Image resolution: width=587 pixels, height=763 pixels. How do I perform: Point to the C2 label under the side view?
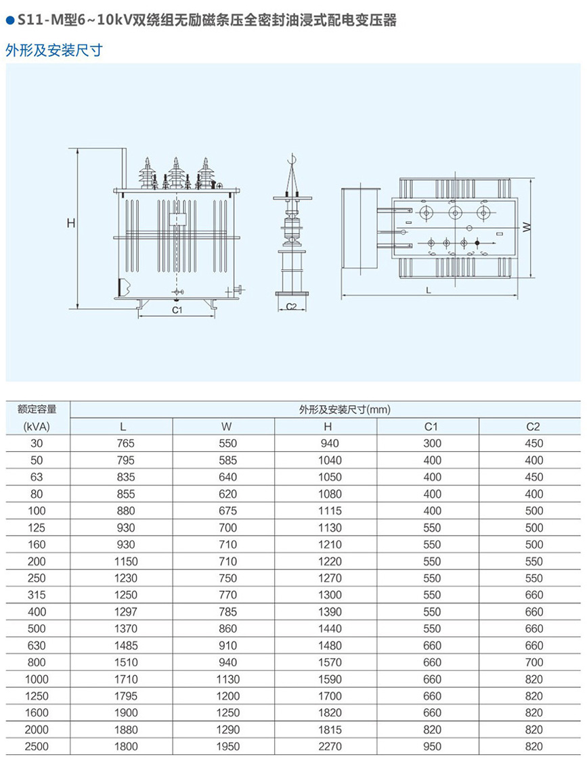coord(292,306)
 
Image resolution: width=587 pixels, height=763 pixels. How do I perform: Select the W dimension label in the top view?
coord(526,228)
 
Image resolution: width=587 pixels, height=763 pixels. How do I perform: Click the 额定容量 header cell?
coord(37,409)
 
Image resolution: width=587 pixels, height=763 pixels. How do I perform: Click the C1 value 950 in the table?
coord(432,747)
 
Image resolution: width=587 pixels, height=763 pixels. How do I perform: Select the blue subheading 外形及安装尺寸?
coord(53,51)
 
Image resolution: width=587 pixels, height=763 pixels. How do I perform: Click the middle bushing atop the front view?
coord(175,174)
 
